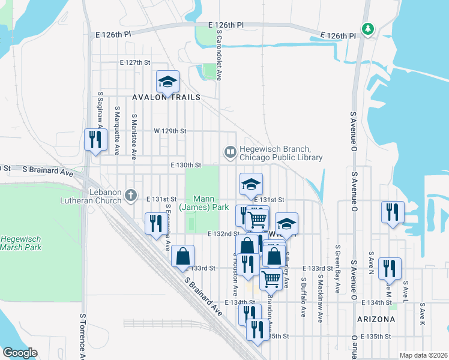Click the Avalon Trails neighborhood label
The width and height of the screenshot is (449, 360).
point(166,97)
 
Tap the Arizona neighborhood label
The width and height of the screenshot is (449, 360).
point(376,319)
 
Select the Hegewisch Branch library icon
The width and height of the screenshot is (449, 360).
point(230,153)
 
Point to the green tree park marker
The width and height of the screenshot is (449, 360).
point(368,28)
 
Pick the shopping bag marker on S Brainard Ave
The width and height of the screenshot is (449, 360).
point(183,256)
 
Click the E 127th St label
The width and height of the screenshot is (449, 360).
point(134,62)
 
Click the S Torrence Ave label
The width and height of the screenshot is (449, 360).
point(82,335)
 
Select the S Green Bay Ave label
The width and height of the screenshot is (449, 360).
point(339,269)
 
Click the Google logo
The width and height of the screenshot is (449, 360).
point(20,353)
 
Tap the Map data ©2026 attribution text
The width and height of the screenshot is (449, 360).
point(423,355)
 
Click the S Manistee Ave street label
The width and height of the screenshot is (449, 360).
point(134,137)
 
